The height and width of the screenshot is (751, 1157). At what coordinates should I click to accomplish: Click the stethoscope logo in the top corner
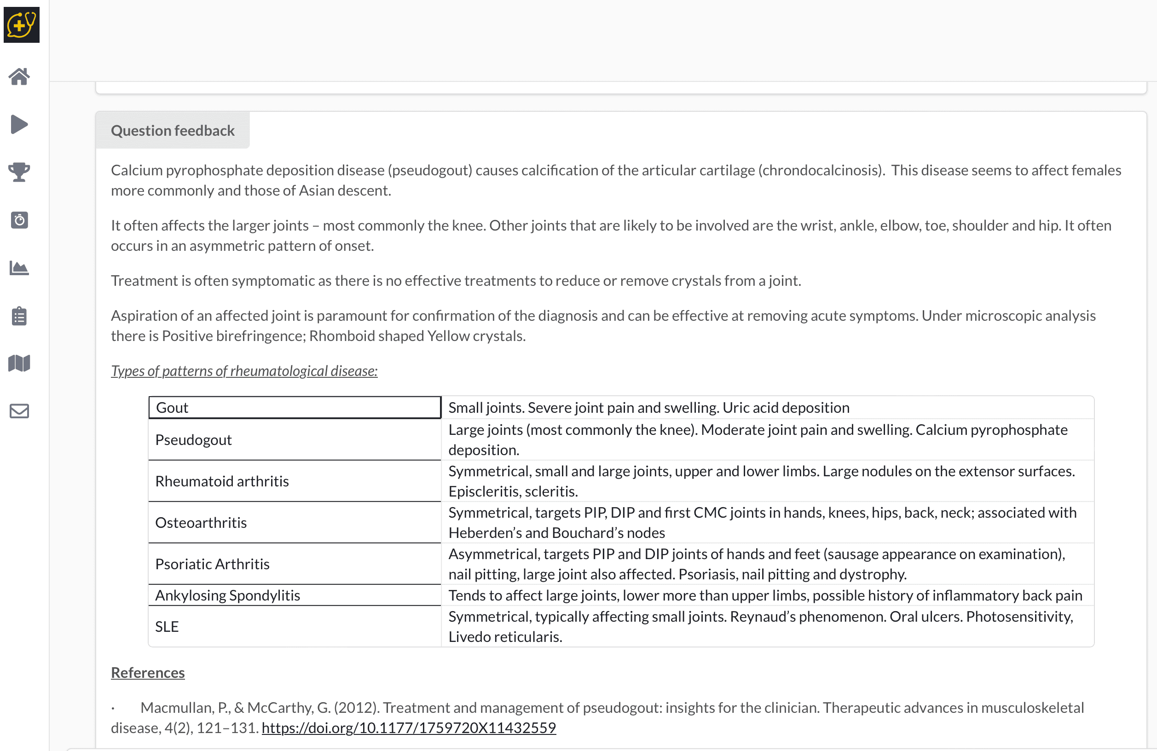pyautogui.click(x=21, y=24)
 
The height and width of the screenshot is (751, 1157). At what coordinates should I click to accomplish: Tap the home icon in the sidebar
pyautogui.click(x=19, y=76)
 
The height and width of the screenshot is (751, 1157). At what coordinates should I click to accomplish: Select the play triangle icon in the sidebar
pyautogui.click(x=19, y=124)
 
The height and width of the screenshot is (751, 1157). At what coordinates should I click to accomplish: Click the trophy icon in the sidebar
pyautogui.click(x=19, y=172)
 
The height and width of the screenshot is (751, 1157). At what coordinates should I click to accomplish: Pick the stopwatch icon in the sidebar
pyautogui.click(x=19, y=220)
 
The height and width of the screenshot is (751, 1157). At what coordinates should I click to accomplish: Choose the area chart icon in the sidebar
pyautogui.click(x=19, y=268)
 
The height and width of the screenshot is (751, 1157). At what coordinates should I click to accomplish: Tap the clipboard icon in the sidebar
pyautogui.click(x=19, y=316)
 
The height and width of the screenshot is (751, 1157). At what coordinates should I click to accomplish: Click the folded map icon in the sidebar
pyautogui.click(x=19, y=363)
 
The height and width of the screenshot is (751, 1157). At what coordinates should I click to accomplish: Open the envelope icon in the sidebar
pyautogui.click(x=19, y=411)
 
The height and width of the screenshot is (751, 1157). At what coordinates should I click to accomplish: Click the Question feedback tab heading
pyautogui.click(x=173, y=131)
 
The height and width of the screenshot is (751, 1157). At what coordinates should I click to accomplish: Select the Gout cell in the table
pyautogui.click(x=295, y=408)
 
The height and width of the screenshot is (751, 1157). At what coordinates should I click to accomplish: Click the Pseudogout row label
pyautogui.click(x=193, y=440)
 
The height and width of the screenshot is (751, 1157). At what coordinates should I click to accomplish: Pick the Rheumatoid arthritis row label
pyautogui.click(x=222, y=481)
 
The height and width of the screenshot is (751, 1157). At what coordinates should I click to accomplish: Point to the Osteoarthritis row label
pyautogui.click(x=201, y=523)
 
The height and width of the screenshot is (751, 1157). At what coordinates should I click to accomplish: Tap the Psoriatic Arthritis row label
pyautogui.click(x=212, y=564)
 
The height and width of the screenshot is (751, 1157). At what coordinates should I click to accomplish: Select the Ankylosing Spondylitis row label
pyautogui.click(x=227, y=595)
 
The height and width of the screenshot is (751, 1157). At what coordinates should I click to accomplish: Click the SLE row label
pyautogui.click(x=167, y=627)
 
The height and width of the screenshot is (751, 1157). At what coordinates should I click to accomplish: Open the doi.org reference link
pyautogui.click(x=409, y=728)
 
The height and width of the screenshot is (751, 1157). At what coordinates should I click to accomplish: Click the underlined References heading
pyautogui.click(x=148, y=673)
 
